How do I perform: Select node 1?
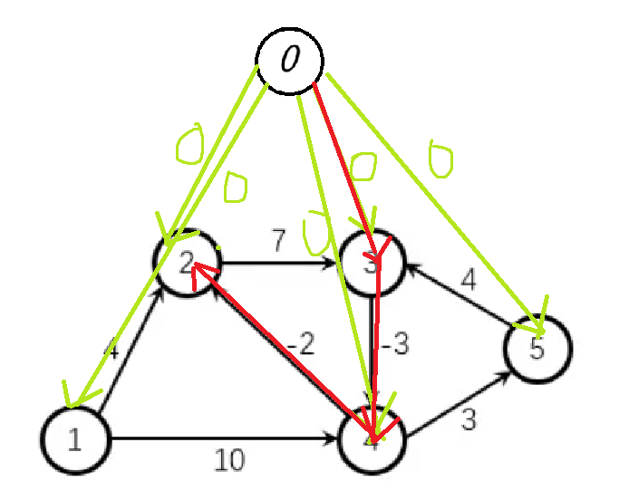coord(74,440)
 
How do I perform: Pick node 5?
coord(537,349)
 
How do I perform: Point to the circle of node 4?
coord(372,440)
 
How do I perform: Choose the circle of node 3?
coord(372,263)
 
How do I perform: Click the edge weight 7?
coord(278,240)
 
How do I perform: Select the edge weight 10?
coord(229,461)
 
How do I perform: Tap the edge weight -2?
coord(303,344)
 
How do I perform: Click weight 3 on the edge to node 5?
coord(468,420)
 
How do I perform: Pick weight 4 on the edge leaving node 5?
coord(468,280)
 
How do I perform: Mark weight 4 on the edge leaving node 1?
coord(111,349)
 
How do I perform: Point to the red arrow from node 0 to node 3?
coord(343,154)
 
